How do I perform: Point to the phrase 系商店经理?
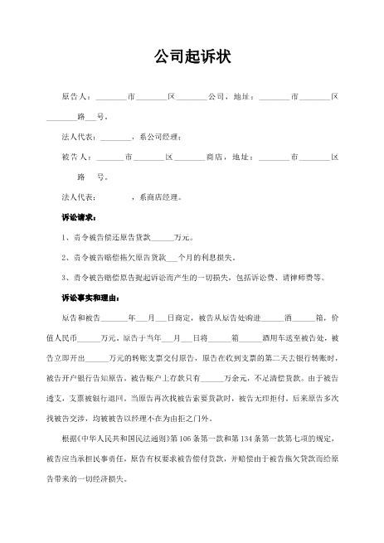pos(159,197)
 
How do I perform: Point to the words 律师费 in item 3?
pos(299,277)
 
